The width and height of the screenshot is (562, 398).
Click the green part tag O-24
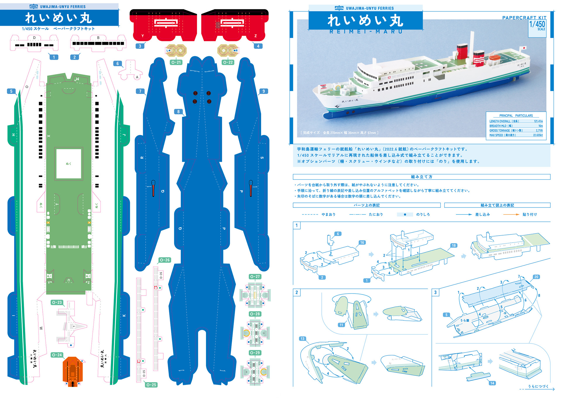pyautogui.click(x=57, y=355)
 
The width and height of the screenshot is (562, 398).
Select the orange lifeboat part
pyautogui.click(x=73, y=371)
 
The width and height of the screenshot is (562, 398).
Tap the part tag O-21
pyautogui.click(x=176, y=62)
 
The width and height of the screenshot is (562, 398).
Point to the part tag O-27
pyautogui.click(x=255, y=277)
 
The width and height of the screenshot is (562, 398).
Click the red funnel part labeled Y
pyautogui.click(x=163, y=26)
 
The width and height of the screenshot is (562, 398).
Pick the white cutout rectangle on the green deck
pyautogui.click(x=68, y=164)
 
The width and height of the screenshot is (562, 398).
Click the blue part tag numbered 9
pyautogui.click(x=263, y=91)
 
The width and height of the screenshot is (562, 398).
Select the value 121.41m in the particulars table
pyautogui.click(x=538, y=121)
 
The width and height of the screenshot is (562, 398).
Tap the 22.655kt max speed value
pyautogui.click(x=538, y=135)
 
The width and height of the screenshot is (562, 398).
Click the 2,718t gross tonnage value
pyautogui.click(x=539, y=131)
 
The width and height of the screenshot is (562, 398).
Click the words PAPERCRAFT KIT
pyautogui.click(x=524, y=18)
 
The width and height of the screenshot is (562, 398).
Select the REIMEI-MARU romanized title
pyautogui.click(x=366, y=32)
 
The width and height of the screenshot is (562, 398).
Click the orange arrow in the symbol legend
pyautogui.click(x=511, y=215)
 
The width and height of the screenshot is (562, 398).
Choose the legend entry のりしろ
pyautogui.click(x=423, y=215)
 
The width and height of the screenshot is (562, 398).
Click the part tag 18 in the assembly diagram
pyautogui.click(x=453, y=246)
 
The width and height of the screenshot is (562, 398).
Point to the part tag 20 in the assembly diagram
pyautogui.click(x=536, y=277)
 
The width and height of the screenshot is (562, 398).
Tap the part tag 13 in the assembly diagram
pyautogui.click(x=302, y=339)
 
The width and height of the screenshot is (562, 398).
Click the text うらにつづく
pyautogui.click(x=538, y=386)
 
